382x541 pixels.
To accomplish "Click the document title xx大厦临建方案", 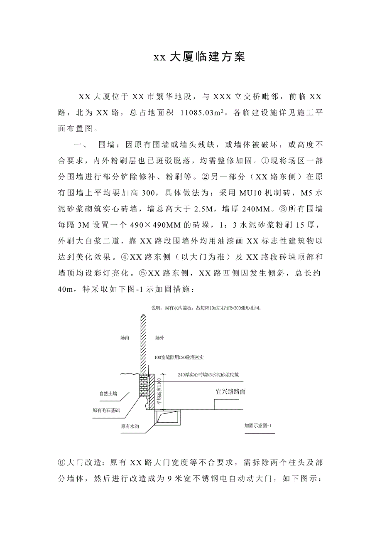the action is pos(199,57).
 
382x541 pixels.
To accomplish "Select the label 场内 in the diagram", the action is pos(124,338).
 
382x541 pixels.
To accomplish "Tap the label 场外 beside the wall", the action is pos(159,338).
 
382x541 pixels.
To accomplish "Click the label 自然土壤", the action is pos(108,393).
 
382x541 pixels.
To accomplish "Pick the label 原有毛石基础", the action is pos(106,410).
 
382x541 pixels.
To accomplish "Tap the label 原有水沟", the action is pos(129,426).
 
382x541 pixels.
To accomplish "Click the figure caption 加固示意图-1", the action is pos(258,426).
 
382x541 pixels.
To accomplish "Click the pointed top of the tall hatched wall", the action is pos(142,318).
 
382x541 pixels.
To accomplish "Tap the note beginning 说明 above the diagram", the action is pos(208,308).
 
